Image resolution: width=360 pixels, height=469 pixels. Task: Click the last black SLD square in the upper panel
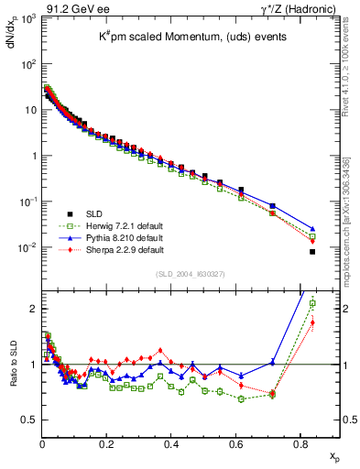pyautogui.click(x=312, y=251)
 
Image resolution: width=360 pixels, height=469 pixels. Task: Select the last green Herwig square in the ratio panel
pyautogui.click(x=312, y=303)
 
